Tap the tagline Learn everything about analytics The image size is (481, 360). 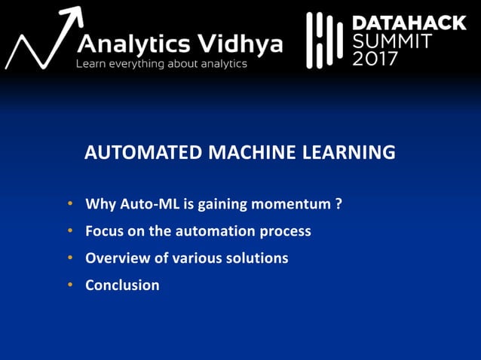tap(161, 64)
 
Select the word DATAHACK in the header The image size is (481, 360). tap(409, 23)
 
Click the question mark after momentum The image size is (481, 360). tap(339, 204)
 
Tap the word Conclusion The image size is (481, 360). tap(122, 285)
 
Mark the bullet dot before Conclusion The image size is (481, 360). tap(69, 285)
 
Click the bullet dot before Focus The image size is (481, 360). tap(69, 231)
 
